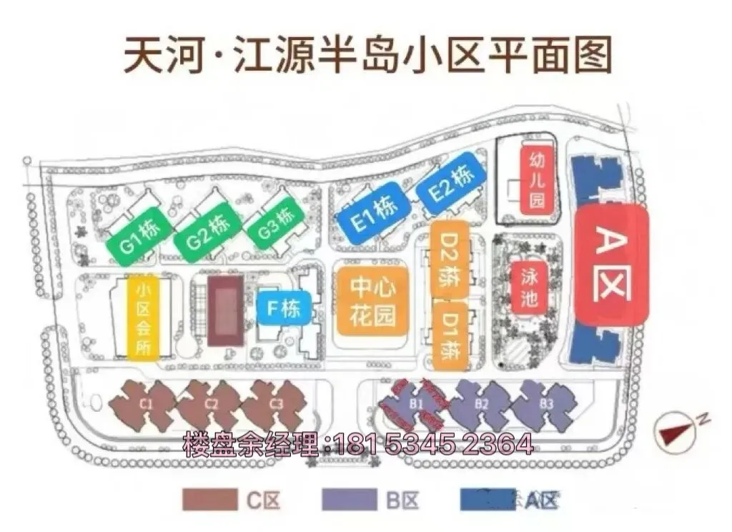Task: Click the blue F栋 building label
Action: click(x=284, y=309)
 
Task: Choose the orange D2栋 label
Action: click(x=450, y=263)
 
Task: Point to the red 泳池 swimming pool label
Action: click(x=528, y=287)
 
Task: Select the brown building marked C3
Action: click(x=277, y=404)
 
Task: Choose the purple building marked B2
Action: click(x=482, y=405)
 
